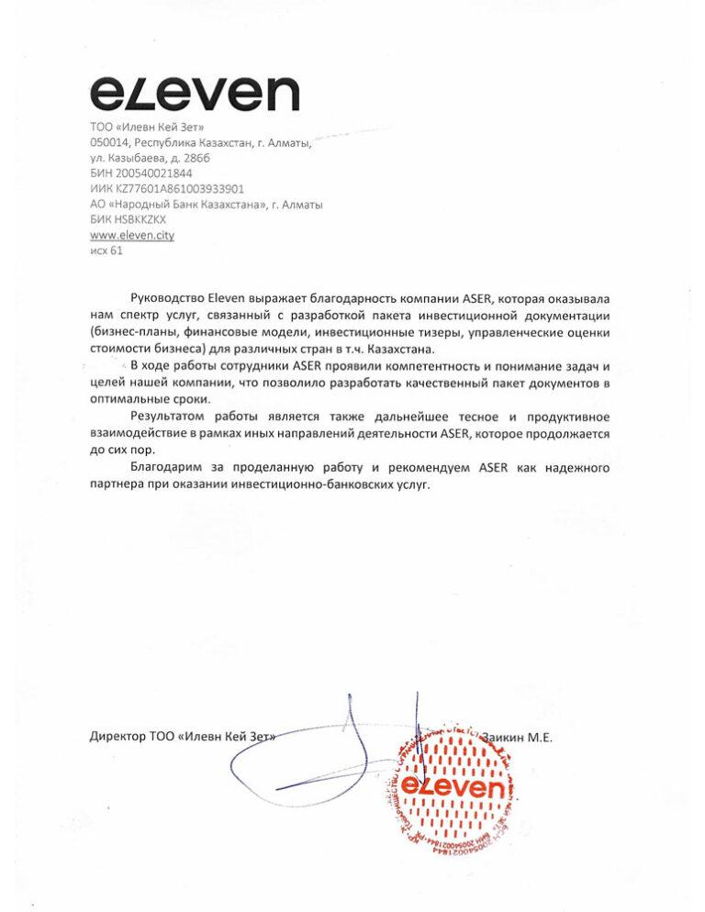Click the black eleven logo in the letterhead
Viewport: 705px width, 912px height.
pyautogui.click(x=195, y=94)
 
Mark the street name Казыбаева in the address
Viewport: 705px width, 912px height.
pyautogui.click(x=138, y=157)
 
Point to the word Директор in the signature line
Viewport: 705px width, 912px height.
pyautogui.click(x=117, y=737)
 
